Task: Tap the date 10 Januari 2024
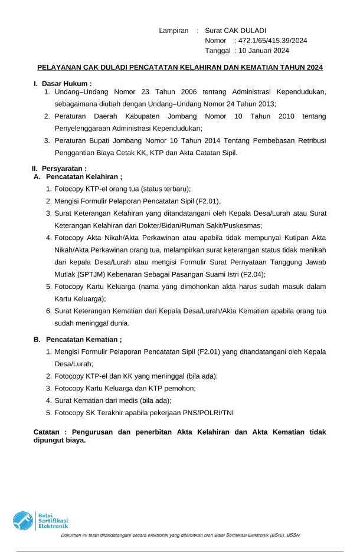pyautogui.click(x=264, y=51)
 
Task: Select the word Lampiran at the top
pyautogui.click(x=174, y=30)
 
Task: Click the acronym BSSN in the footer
pyautogui.click(x=293, y=535)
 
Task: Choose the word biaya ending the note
pyautogui.click(x=75, y=440)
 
